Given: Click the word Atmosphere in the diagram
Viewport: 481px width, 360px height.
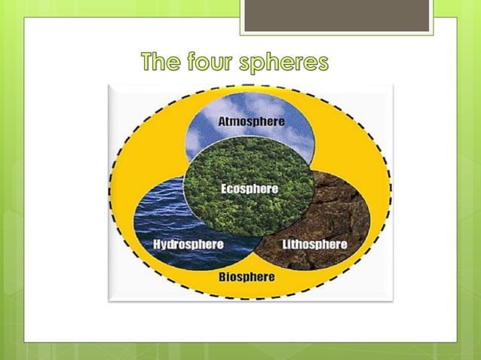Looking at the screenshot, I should [x=251, y=121].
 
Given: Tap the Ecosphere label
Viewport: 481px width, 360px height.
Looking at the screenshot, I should [x=250, y=188].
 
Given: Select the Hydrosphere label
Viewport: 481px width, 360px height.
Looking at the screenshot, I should [x=188, y=245].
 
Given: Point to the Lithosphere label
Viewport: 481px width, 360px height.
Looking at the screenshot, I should [x=314, y=245].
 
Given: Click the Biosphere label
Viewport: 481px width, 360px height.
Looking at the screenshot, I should [x=247, y=276].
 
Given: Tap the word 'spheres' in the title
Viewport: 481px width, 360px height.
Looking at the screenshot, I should [x=284, y=63].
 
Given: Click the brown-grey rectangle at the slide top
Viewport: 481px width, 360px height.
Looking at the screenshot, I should [x=336, y=15].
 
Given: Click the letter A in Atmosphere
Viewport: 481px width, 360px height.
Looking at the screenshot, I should [x=222, y=121].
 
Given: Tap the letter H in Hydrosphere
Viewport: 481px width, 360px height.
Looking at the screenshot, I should [x=158, y=245].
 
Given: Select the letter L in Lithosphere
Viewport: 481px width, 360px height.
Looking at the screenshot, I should [x=286, y=245].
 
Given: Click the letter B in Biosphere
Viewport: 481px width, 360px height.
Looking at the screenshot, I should [x=222, y=276].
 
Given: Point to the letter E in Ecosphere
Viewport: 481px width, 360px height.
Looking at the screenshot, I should [x=225, y=188].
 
